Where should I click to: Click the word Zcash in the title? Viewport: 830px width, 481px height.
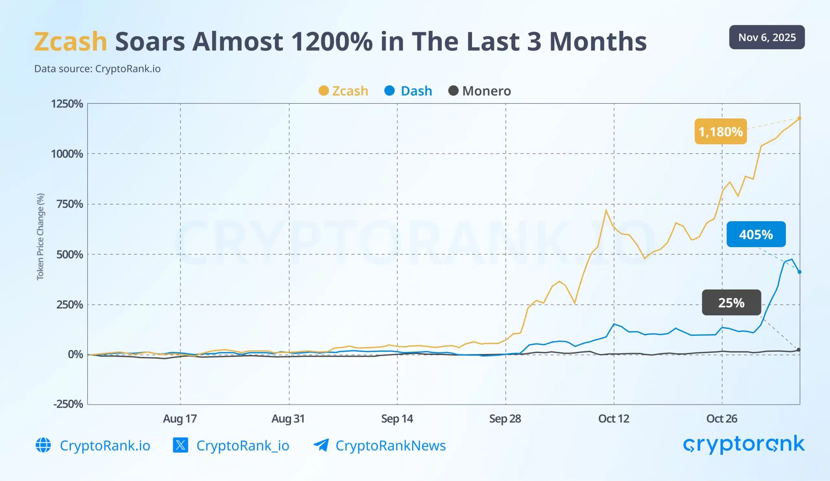click(x=70, y=42)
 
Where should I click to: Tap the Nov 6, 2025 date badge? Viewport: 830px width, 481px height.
click(x=767, y=37)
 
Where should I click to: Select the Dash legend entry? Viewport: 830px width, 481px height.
click(x=409, y=91)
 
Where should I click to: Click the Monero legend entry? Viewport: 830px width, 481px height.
click(x=480, y=91)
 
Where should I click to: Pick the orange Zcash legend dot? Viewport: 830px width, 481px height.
click(x=324, y=90)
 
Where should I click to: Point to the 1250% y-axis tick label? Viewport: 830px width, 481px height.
click(x=67, y=104)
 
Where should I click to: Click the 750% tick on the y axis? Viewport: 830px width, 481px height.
click(x=69, y=204)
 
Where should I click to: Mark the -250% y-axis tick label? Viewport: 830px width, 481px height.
click(x=68, y=404)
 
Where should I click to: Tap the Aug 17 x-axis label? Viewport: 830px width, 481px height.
click(x=180, y=419)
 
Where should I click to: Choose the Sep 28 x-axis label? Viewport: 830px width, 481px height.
click(x=505, y=419)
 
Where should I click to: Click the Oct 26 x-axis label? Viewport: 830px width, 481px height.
click(x=722, y=419)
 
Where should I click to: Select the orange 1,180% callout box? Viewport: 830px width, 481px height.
click(x=721, y=131)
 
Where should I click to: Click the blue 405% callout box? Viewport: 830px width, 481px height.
click(x=756, y=234)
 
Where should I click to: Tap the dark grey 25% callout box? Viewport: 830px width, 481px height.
click(x=731, y=302)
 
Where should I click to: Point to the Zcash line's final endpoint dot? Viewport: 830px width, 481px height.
click(x=800, y=118)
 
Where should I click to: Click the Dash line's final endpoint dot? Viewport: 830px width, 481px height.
click(x=800, y=272)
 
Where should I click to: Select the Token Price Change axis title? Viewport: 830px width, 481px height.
click(x=40, y=237)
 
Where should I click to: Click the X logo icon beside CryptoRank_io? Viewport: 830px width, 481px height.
click(x=181, y=445)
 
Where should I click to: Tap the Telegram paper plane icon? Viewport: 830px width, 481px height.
click(x=321, y=445)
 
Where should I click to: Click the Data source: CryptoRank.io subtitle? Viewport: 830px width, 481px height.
click(x=98, y=69)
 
